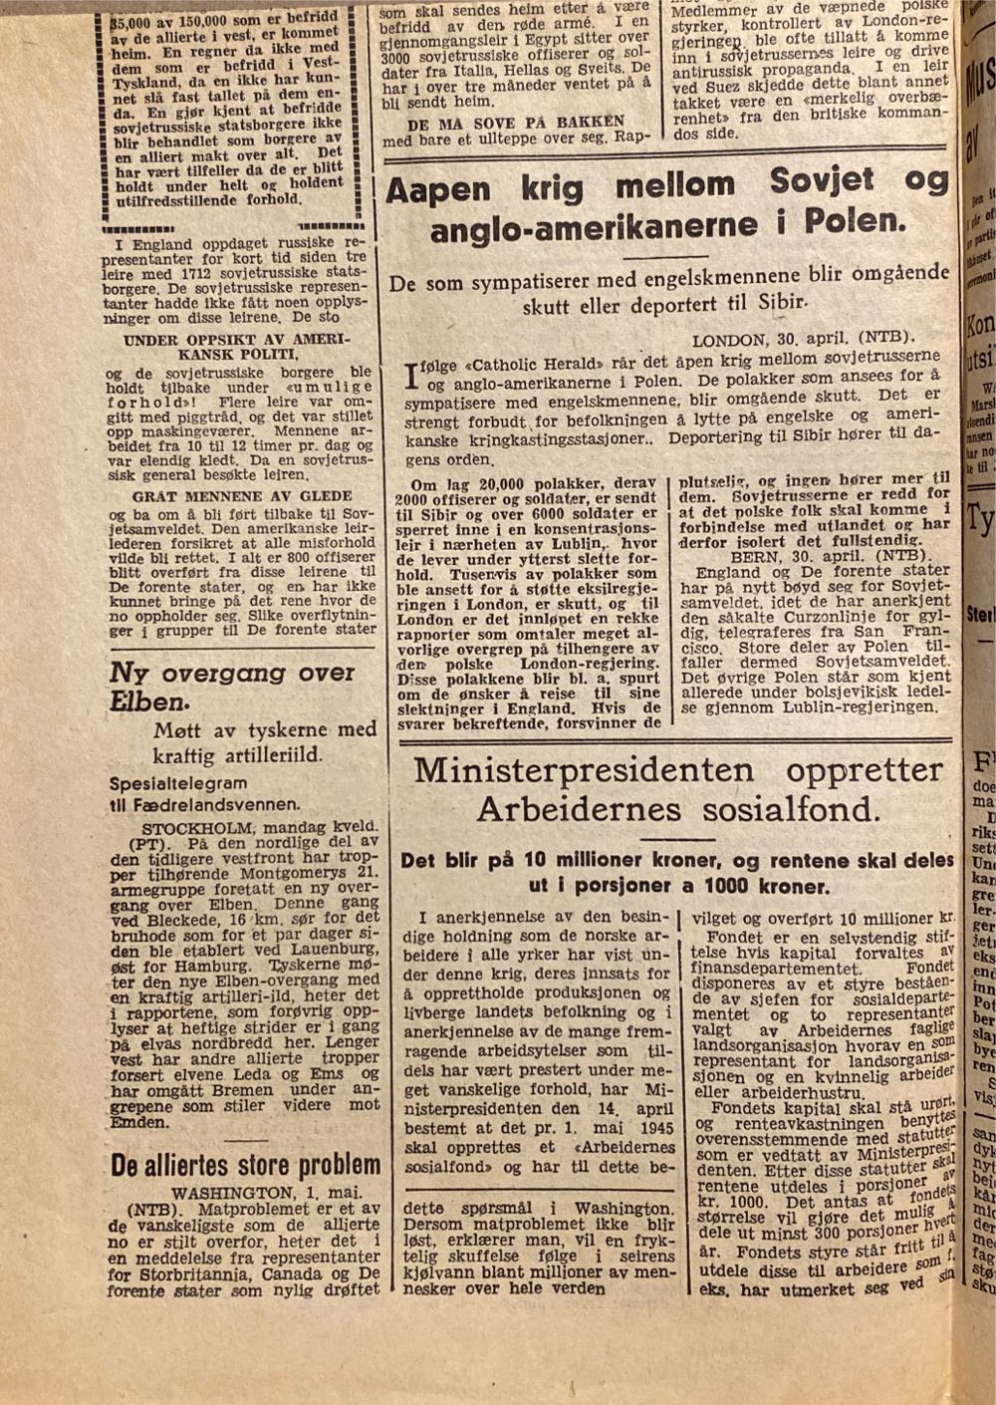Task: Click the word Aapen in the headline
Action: click(x=438, y=189)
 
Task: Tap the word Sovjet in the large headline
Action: click(x=822, y=181)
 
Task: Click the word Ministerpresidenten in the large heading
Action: click(x=584, y=771)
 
